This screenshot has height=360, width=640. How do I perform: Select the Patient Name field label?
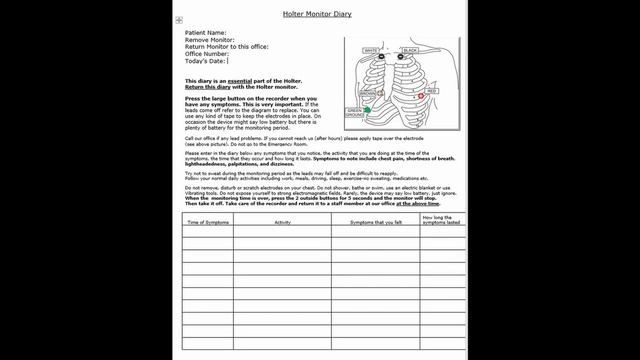click(206, 33)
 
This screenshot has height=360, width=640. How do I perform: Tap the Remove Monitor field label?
click(210, 40)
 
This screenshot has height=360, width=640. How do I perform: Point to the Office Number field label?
click(207, 54)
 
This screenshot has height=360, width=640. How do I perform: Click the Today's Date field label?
click(206, 61)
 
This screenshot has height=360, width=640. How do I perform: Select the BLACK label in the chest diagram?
click(410, 50)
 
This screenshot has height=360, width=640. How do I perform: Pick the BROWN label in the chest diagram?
click(366, 94)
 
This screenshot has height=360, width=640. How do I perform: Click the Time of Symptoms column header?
click(208, 221)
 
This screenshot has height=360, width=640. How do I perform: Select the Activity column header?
click(283, 221)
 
